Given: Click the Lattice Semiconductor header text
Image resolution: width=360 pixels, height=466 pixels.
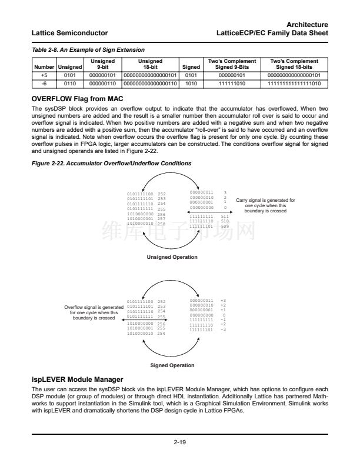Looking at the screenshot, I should (x=70, y=32).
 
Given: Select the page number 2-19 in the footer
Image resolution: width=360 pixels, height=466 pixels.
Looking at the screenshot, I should (x=180, y=443).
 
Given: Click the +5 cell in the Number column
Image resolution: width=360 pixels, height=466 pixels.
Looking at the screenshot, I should (x=44, y=75).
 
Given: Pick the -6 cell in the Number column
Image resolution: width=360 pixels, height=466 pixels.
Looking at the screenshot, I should (x=44, y=84).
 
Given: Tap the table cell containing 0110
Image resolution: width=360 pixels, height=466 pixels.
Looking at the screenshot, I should (x=69, y=84).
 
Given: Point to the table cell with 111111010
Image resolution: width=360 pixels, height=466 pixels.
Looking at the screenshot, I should (x=235, y=84).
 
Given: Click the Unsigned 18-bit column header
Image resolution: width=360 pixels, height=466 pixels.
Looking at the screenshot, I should (x=150, y=64).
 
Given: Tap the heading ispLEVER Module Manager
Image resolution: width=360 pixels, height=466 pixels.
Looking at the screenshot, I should (x=77, y=380).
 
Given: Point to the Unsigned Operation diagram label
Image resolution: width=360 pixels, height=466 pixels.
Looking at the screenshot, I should (x=172, y=257).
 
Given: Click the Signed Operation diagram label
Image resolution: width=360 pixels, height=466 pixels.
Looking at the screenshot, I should (x=172, y=365).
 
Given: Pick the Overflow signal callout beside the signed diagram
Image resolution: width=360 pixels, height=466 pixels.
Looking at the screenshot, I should (x=94, y=312).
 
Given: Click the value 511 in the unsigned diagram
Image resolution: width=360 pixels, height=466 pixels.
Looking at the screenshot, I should (x=224, y=216).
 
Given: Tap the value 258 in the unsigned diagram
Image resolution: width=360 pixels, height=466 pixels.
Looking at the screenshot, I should (x=162, y=224).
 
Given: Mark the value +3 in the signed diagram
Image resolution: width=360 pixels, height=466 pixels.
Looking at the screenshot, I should (x=223, y=301).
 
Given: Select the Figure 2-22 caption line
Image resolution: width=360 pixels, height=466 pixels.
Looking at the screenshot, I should (x=111, y=162).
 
